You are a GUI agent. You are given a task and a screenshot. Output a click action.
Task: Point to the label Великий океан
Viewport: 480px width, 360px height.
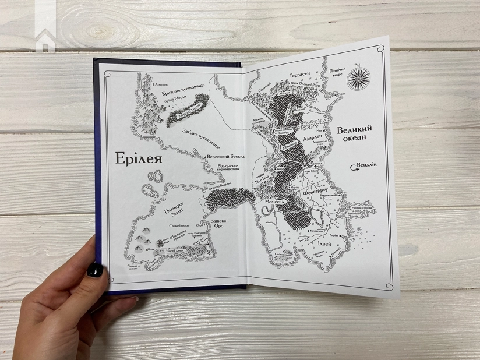point(354,136)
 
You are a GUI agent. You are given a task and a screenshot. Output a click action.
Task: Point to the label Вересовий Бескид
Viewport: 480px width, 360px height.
point(227,157)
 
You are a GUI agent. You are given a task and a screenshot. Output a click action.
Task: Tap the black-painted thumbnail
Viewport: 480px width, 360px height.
point(95,270)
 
